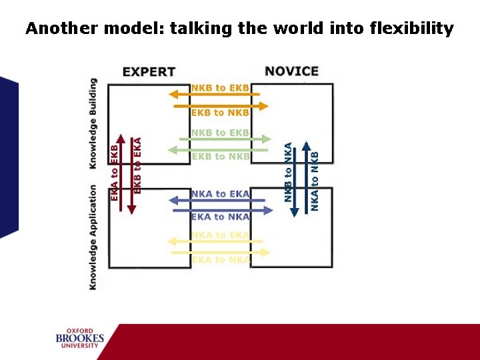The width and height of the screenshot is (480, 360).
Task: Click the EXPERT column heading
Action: point(149,71)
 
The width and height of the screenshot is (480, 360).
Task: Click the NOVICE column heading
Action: point(291,71)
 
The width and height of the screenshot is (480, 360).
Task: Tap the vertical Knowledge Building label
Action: point(93,123)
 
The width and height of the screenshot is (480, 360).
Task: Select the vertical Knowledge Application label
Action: point(93,237)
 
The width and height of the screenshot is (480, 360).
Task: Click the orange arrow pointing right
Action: point(220,105)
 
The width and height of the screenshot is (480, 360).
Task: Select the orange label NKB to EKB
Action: point(220,87)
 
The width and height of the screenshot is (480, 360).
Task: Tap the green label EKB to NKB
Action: point(220,157)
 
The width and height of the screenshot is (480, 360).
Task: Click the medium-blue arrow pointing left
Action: point(220,200)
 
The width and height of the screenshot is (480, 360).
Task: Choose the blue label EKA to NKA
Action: point(220,217)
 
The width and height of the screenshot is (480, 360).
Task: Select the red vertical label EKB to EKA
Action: point(138,165)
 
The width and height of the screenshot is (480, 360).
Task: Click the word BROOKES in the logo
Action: point(80,339)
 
